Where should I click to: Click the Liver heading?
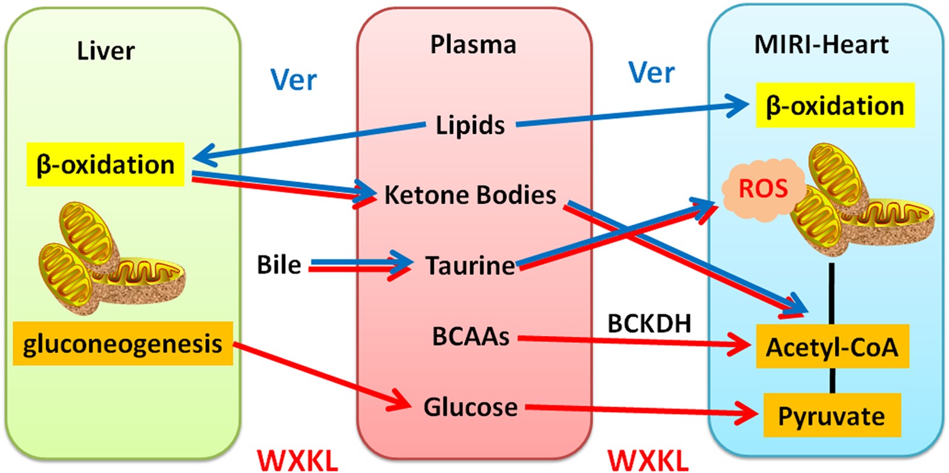(x=105, y=51)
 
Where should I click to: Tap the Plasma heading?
(x=473, y=45)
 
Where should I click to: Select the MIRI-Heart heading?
(x=821, y=45)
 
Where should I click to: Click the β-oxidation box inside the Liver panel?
(x=105, y=164)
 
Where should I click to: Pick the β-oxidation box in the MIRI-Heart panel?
(x=835, y=106)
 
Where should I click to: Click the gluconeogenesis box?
(x=122, y=344)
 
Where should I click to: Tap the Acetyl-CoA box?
(x=832, y=348)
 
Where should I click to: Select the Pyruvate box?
(x=832, y=416)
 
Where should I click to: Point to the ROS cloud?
(x=763, y=189)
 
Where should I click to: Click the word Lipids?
(x=470, y=125)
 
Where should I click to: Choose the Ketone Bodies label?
(x=470, y=195)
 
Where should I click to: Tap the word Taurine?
(x=470, y=266)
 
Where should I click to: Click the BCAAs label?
(x=471, y=336)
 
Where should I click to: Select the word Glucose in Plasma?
(x=470, y=407)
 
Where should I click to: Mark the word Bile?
(x=279, y=265)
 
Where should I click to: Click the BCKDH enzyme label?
(x=649, y=324)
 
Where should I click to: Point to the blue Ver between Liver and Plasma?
(x=293, y=80)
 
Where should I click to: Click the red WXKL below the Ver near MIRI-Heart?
(x=648, y=462)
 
